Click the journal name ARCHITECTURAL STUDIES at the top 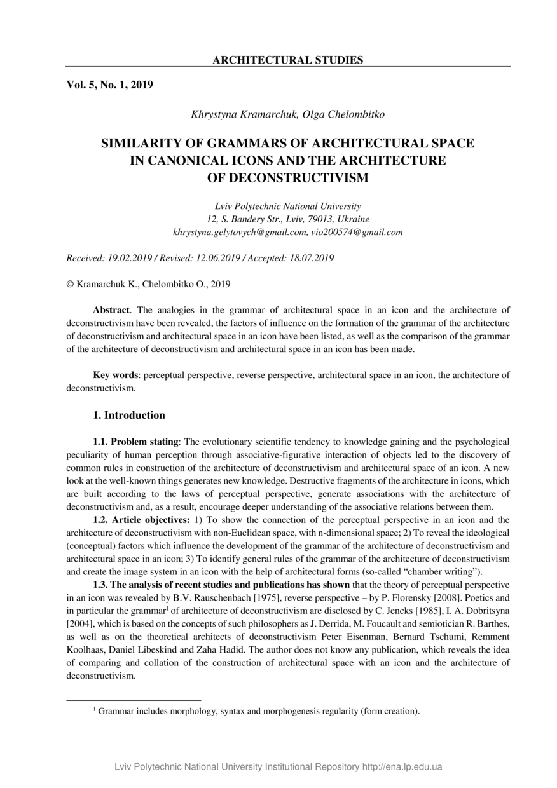pos(287,60)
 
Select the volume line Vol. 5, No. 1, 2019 pos(109,85)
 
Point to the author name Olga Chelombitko pos(343,114)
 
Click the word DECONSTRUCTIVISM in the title pos(288,178)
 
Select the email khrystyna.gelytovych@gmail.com pos(240,233)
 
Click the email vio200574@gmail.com pos(357,233)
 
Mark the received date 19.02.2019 pos(131,258)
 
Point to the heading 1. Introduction pos(129,416)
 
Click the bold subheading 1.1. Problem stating pos(137,441)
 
